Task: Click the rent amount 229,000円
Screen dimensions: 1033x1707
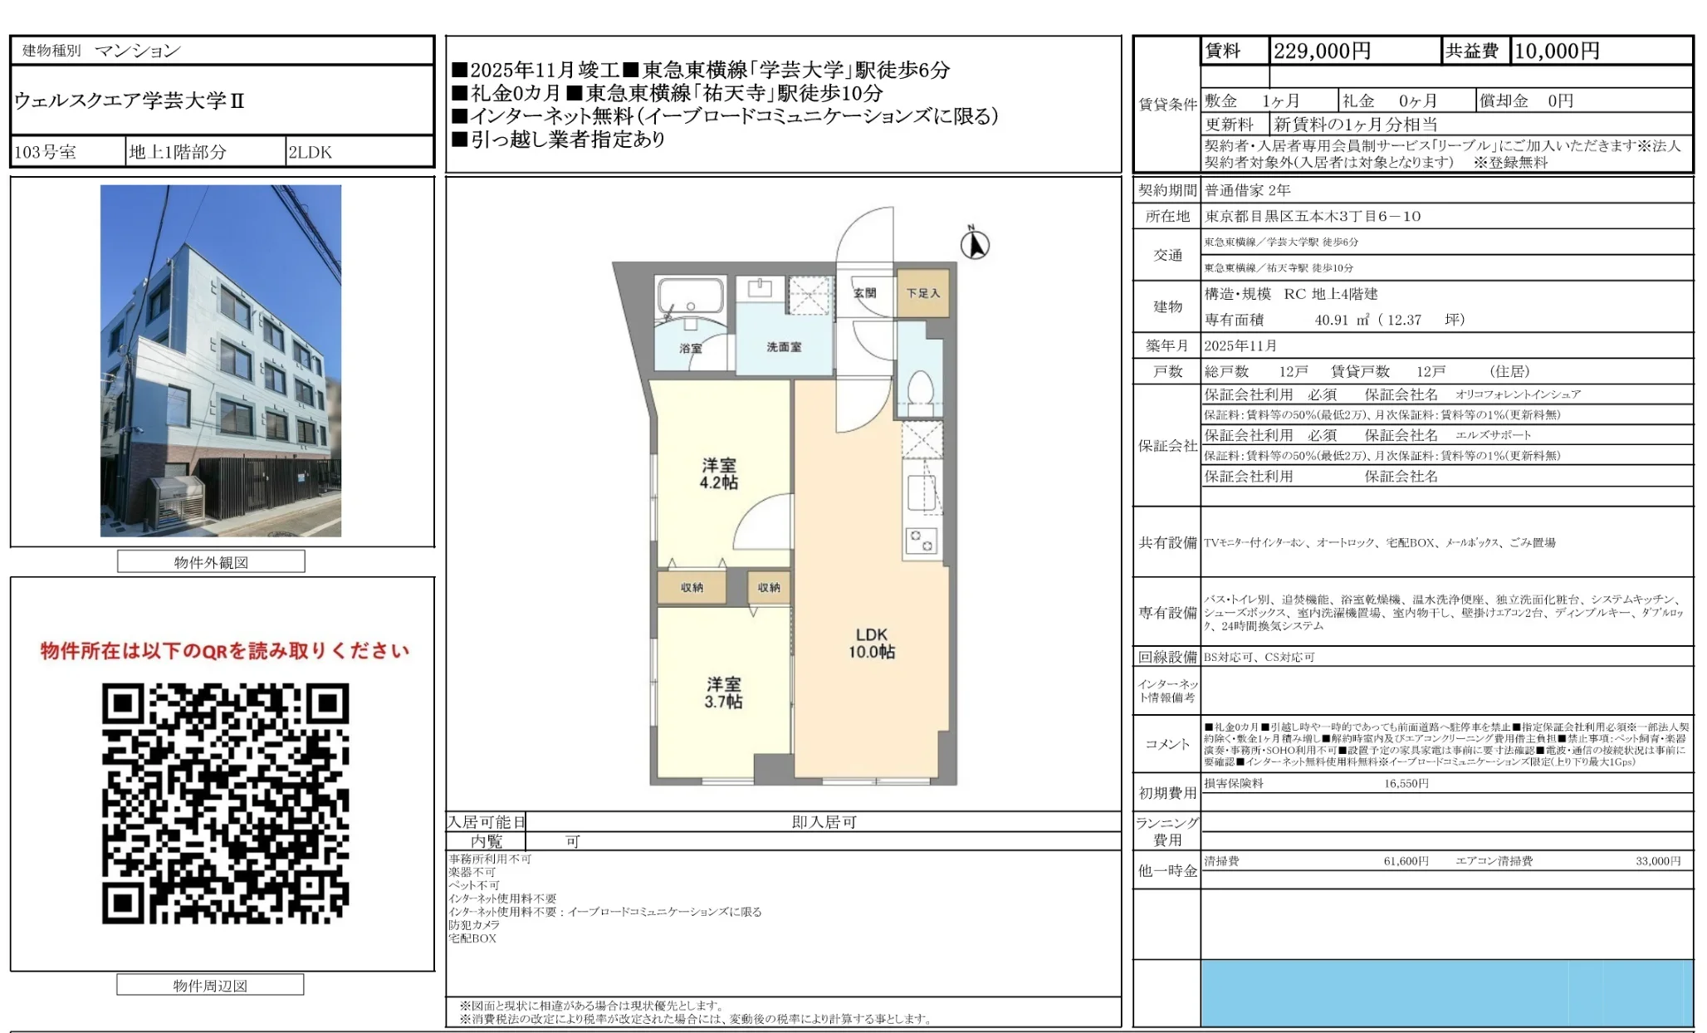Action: (x=1322, y=51)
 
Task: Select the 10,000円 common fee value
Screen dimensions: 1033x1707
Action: (x=1557, y=51)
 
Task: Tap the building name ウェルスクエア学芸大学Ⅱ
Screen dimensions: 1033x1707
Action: (x=130, y=101)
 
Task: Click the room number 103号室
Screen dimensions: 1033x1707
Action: (x=46, y=152)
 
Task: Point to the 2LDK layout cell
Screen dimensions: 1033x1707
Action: (x=311, y=152)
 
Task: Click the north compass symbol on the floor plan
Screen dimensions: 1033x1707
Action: (x=975, y=245)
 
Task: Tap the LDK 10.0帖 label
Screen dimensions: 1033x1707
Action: (x=871, y=644)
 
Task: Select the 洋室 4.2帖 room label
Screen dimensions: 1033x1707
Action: (x=718, y=473)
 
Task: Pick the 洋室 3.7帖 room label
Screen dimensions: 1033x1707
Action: (x=723, y=693)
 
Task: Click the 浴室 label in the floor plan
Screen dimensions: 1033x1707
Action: (x=691, y=348)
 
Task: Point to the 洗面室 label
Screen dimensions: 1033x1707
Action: (x=784, y=346)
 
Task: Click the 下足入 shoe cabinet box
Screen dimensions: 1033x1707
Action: (x=922, y=293)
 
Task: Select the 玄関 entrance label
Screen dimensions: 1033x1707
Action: (x=864, y=293)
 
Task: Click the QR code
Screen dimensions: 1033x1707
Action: (x=225, y=803)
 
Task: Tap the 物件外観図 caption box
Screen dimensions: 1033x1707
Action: (x=211, y=562)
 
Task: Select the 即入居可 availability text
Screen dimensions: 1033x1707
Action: (x=824, y=822)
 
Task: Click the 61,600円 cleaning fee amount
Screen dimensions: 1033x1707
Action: (x=1406, y=861)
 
